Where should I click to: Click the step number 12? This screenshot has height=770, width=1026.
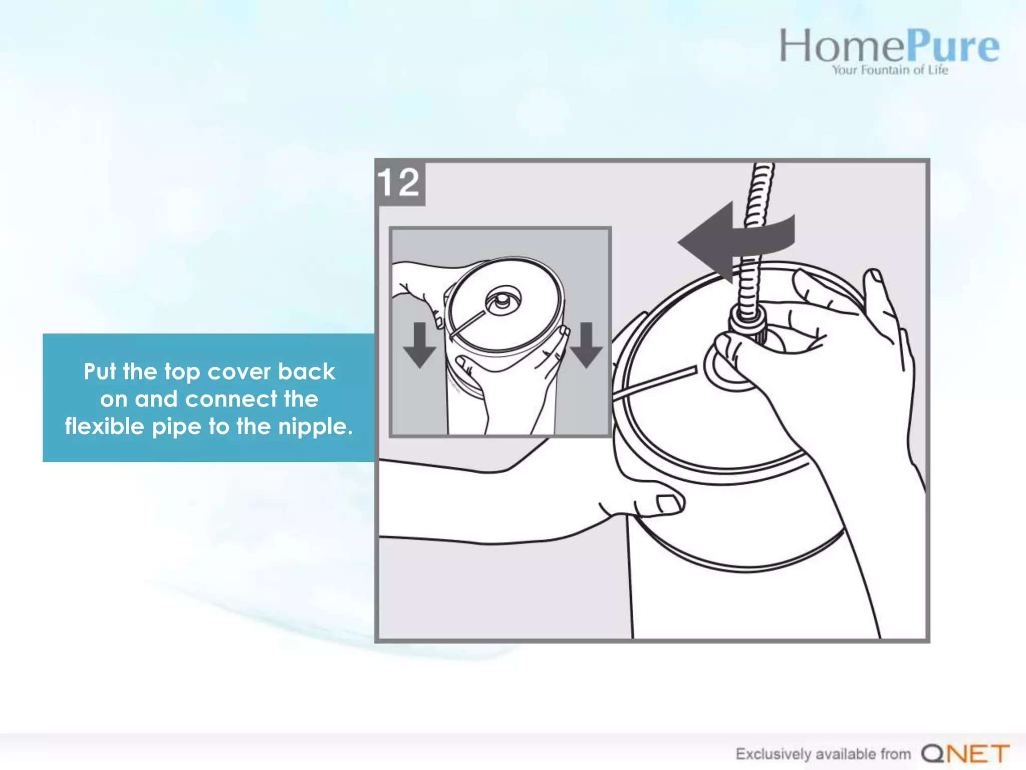pos(399,182)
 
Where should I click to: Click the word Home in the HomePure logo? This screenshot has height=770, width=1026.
pos(842,46)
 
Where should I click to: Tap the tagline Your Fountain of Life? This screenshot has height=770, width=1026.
pos(890,70)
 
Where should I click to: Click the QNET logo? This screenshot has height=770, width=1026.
pos(965,753)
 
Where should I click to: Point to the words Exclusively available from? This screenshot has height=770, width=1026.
pos(823,753)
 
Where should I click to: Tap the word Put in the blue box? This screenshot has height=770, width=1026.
pos(100,371)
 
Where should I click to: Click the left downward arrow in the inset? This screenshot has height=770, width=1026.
pos(419,345)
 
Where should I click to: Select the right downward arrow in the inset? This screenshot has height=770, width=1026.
pos(586,345)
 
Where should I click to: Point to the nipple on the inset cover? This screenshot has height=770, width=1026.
pos(502,300)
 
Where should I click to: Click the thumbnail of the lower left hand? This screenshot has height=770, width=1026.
pos(669,504)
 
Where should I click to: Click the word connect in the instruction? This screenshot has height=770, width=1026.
pos(230,399)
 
